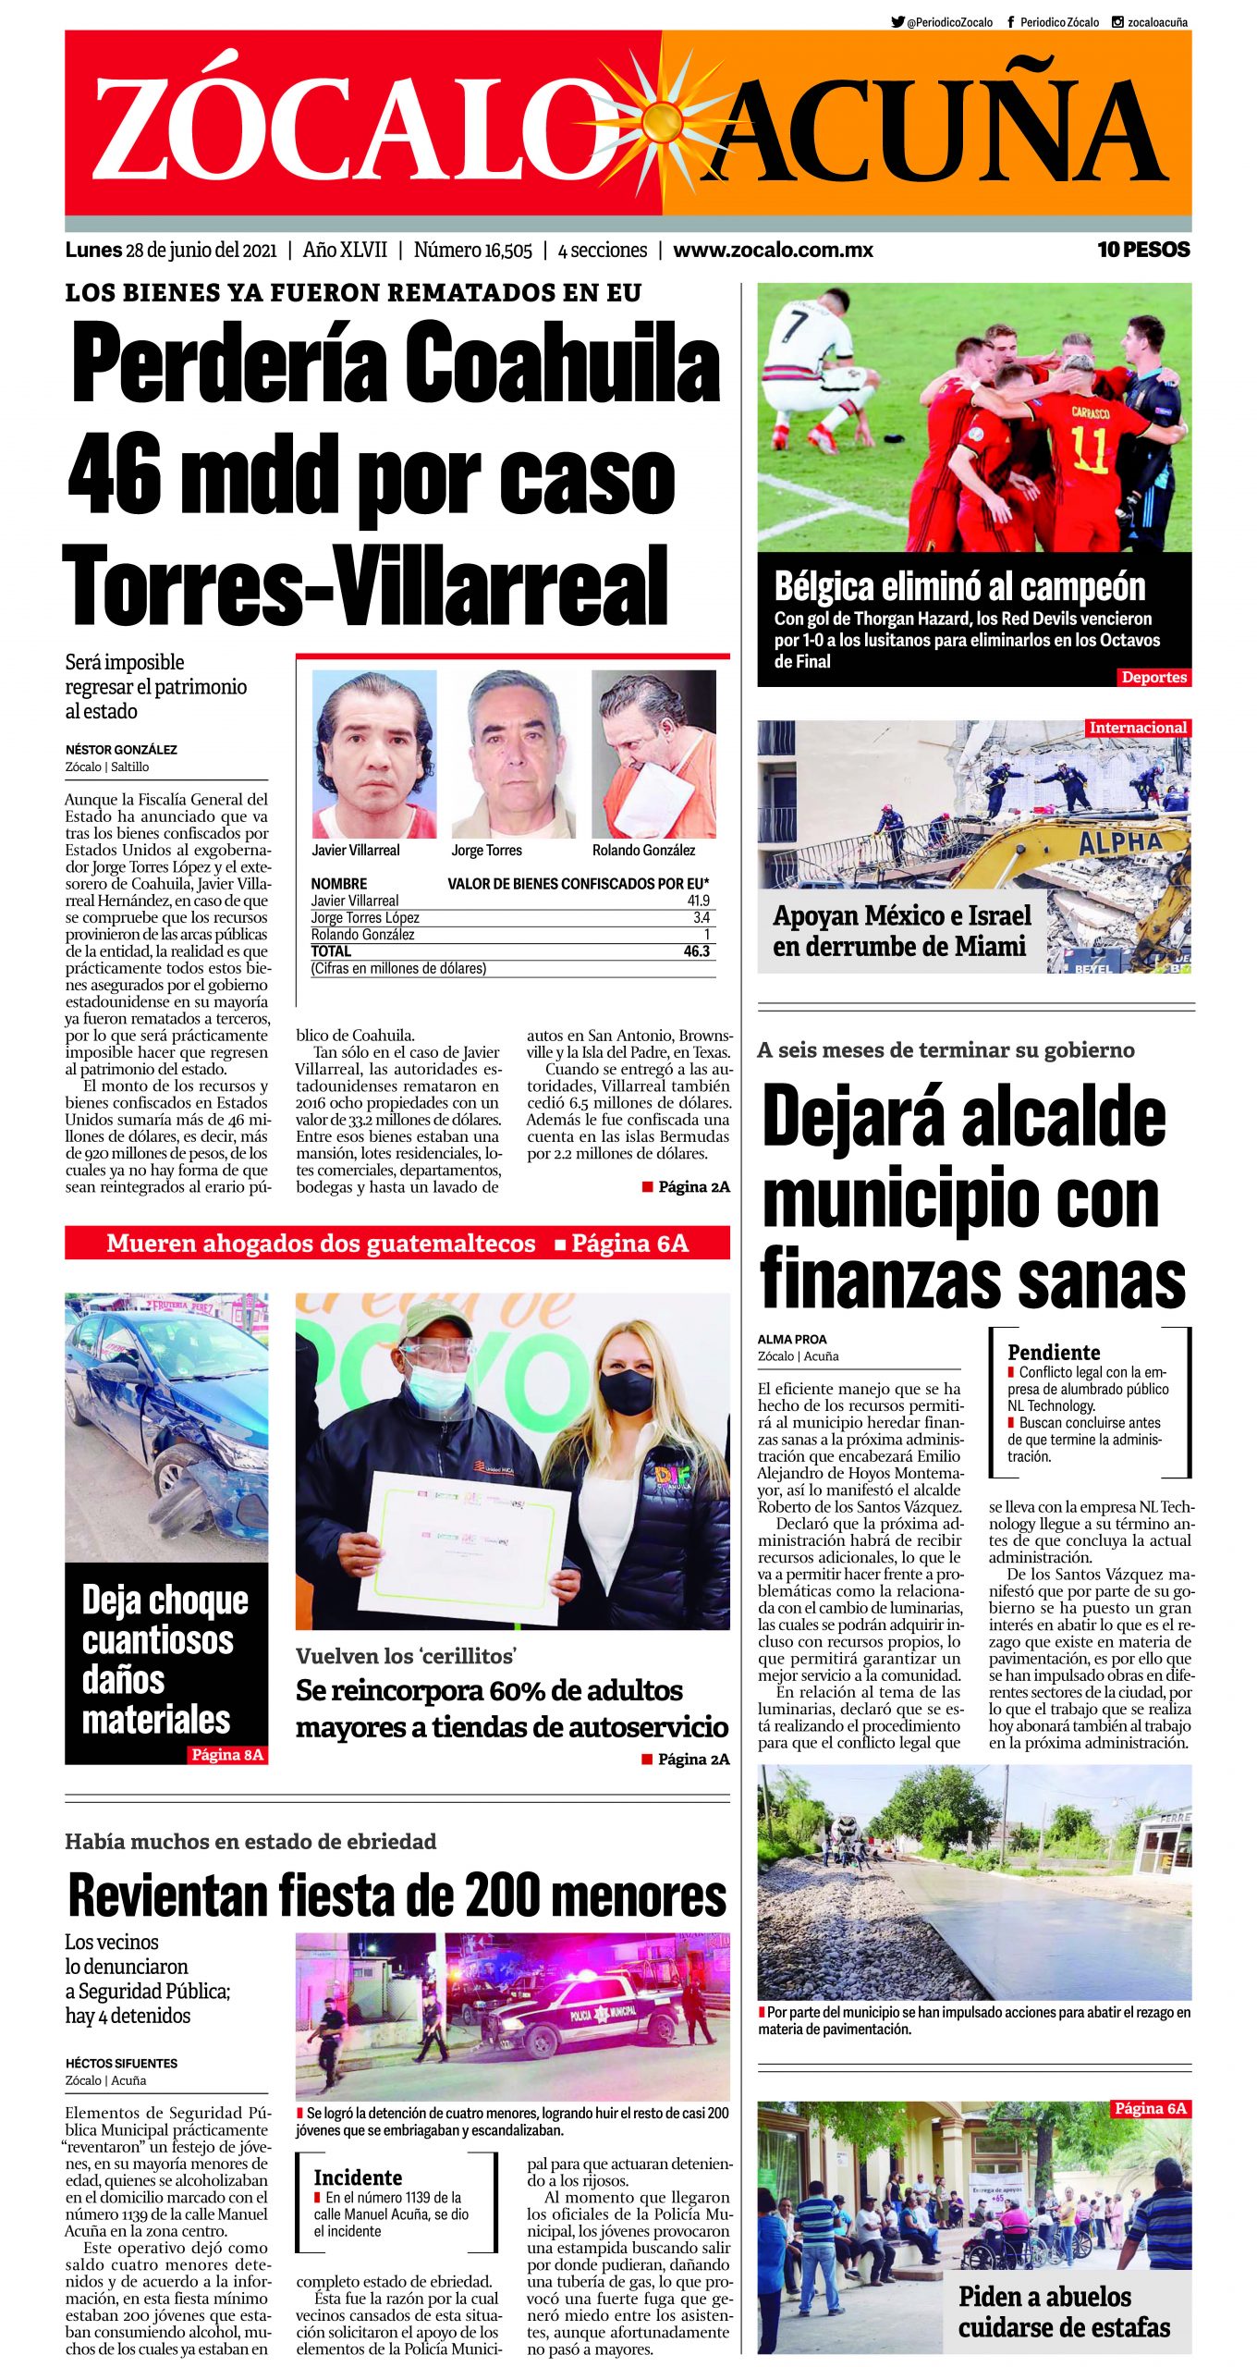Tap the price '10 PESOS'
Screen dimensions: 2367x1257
click(x=1142, y=250)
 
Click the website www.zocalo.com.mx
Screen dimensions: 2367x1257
click(x=773, y=250)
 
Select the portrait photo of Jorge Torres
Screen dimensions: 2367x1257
click(x=513, y=754)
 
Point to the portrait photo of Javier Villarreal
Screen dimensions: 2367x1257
click(x=373, y=754)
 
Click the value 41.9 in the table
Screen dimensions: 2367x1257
click(x=698, y=901)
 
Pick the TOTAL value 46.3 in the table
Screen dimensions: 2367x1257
click(x=696, y=951)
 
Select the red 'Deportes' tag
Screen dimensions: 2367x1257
click(x=1153, y=677)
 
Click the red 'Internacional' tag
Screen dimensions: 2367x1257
click(x=1137, y=728)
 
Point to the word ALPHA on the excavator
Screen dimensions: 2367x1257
click(x=1119, y=842)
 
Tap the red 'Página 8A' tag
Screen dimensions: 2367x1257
click(x=226, y=1755)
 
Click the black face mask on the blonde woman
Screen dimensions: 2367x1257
click(x=626, y=1392)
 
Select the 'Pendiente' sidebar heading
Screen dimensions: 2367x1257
click(x=1054, y=1352)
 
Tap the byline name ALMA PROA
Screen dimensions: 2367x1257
click(x=792, y=1339)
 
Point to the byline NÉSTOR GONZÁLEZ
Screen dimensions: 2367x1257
click(x=121, y=750)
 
